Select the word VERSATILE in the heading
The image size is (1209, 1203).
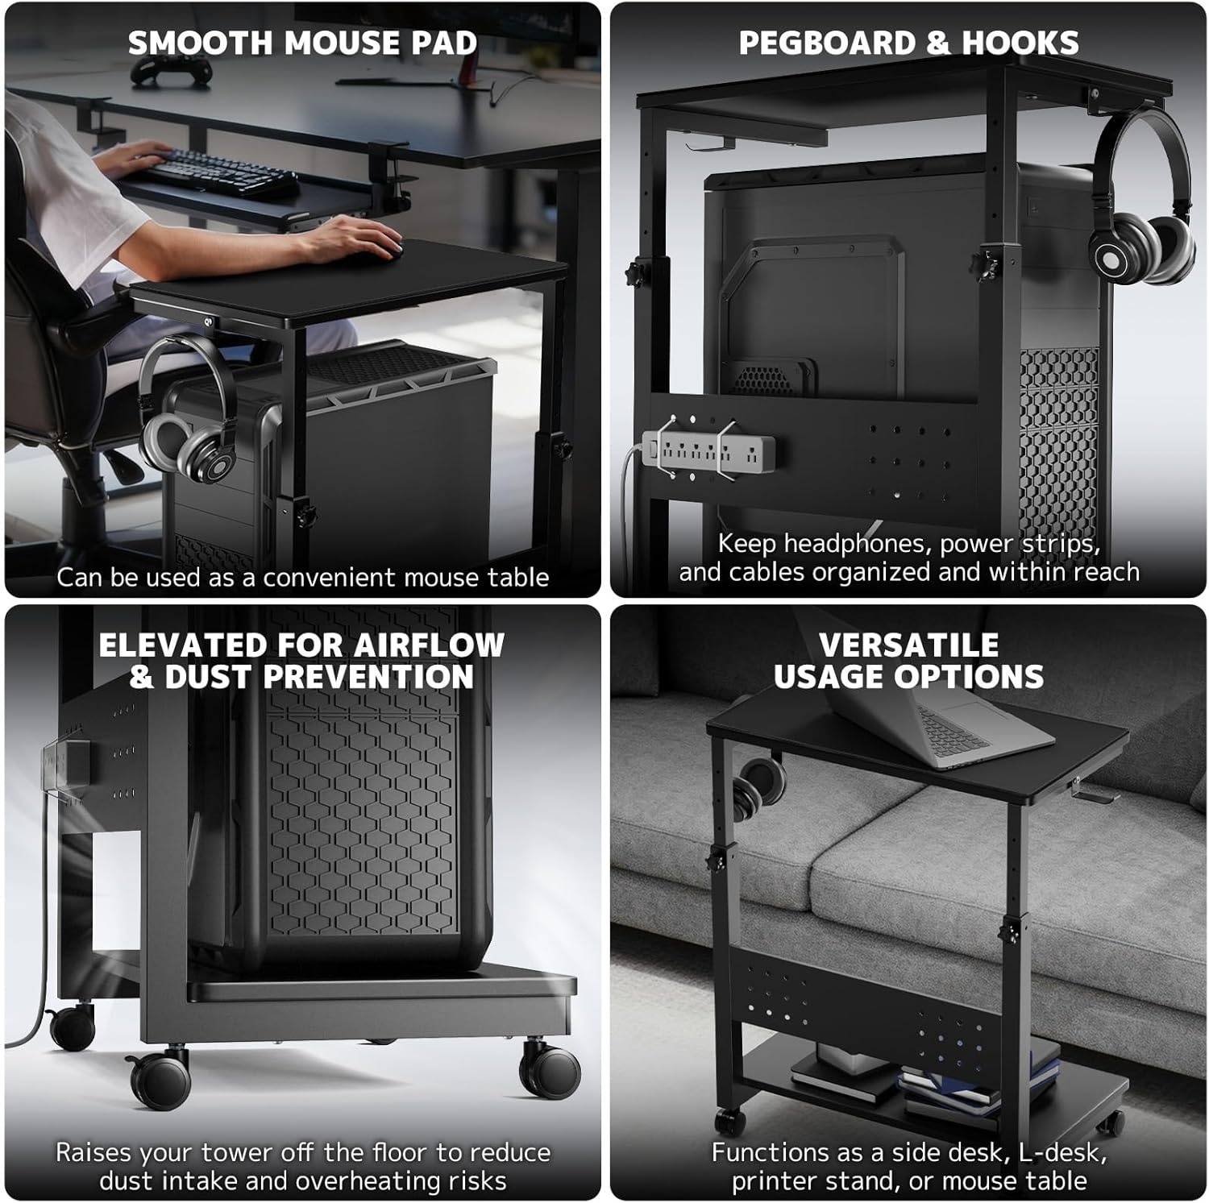pos(908,645)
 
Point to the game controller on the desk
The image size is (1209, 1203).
pos(171,71)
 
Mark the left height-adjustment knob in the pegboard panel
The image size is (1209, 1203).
pos(640,271)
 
